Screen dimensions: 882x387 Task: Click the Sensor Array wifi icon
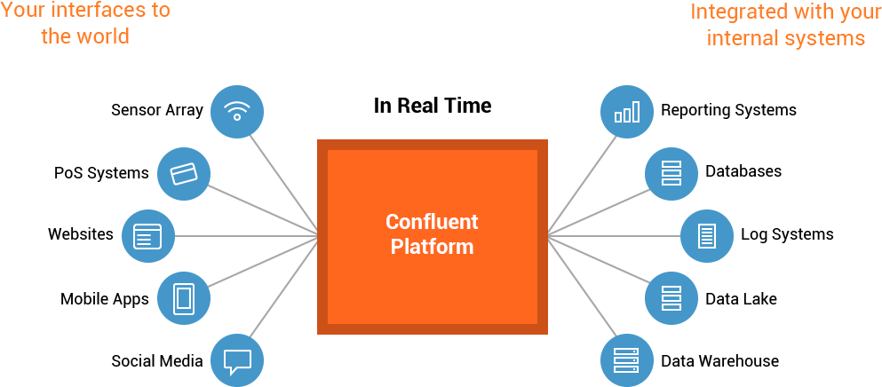pos(237,111)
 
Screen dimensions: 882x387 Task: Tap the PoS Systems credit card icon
pos(183,173)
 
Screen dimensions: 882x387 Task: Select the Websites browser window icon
pos(147,236)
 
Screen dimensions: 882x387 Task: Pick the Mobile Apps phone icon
pos(183,298)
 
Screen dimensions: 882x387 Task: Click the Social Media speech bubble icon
pos(237,360)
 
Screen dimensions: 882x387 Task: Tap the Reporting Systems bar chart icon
pos(627,111)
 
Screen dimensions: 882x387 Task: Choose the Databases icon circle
pos(671,173)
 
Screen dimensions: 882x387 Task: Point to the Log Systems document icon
pos(707,236)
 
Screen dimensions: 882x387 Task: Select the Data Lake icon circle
pos(671,298)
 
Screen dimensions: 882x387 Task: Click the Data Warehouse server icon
pos(627,360)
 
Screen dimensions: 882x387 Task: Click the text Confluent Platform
pos(432,234)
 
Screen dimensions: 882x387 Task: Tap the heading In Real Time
pos(433,106)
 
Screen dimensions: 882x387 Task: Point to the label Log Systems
pos(787,234)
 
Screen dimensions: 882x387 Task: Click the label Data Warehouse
pos(720,360)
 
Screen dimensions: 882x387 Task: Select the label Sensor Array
pos(157,110)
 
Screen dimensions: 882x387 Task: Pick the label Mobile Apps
pos(105,299)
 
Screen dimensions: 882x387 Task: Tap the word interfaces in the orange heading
pos(93,10)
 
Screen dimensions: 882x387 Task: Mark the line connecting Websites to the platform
pos(246,236)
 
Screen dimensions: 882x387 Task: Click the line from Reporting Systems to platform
pos(582,184)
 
